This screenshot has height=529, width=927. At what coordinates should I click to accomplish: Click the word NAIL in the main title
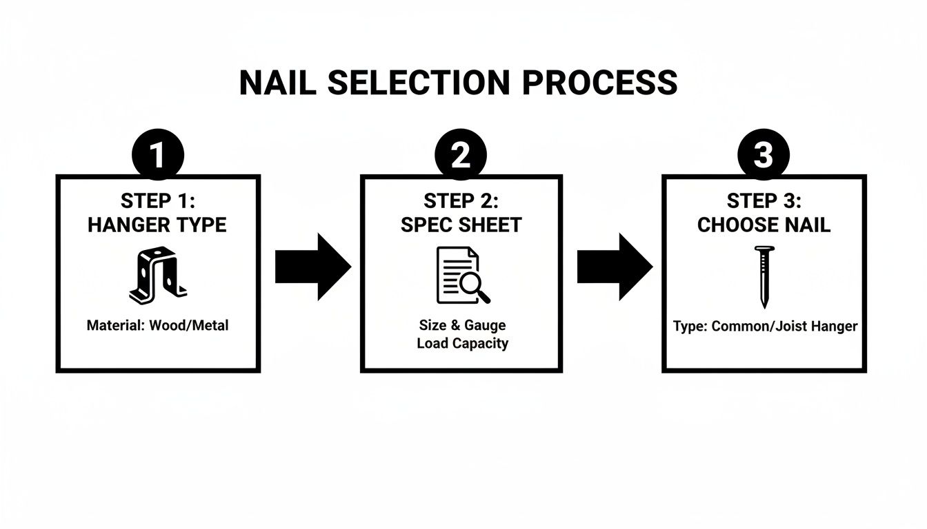pos(277,83)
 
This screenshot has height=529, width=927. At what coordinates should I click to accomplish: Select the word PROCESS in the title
pos(599,83)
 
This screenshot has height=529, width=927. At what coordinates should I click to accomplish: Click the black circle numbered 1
pos(158,156)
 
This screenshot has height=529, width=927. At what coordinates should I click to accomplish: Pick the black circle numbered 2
pos(461,156)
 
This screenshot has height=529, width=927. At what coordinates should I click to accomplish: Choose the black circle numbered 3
pos(763,156)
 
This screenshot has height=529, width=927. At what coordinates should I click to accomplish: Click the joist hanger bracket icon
pos(157,277)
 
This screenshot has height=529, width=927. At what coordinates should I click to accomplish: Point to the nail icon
pos(764,278)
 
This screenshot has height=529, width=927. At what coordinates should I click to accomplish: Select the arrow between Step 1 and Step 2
pos(312,267)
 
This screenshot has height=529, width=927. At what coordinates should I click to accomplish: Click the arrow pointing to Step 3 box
pos(614,267)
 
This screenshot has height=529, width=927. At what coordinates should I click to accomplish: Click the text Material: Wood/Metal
pos(157,325)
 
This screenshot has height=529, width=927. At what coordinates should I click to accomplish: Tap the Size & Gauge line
pos(462,325)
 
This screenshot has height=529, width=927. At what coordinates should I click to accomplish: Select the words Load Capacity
pos(462,343)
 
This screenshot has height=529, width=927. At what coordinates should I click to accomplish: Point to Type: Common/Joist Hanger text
pos(765,326)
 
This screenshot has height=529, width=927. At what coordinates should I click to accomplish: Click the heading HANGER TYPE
pos(157,225)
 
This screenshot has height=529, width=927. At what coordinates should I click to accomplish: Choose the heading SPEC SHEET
pos(461,225)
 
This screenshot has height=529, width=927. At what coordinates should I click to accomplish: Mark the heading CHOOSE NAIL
pos(764,225)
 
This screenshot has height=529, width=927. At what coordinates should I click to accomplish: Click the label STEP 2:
pos(461,201)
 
